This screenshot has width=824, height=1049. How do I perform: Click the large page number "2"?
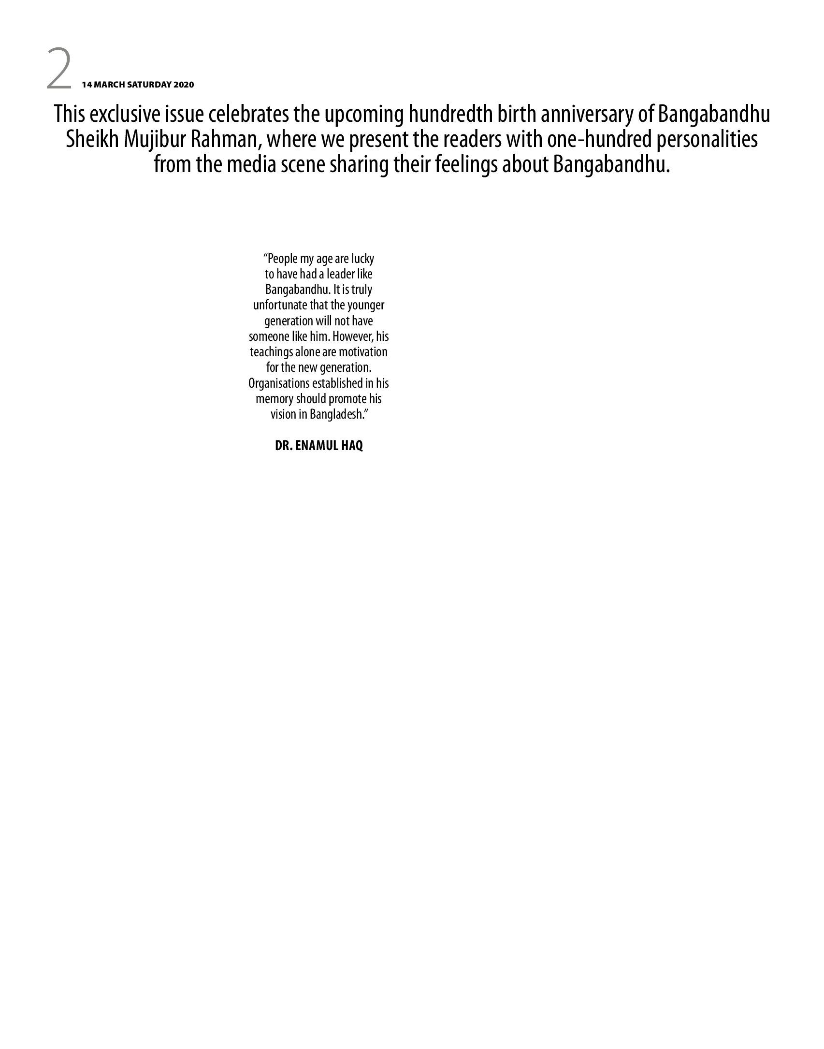click(59, 68)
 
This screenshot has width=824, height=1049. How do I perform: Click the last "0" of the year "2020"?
click(191, 85)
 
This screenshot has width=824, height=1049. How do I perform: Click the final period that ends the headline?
click(669, 171)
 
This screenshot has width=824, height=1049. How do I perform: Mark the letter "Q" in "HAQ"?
click(359, 446)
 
